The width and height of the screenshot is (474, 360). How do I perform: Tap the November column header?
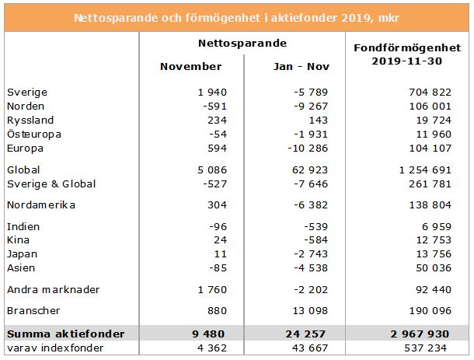tap(190, 66)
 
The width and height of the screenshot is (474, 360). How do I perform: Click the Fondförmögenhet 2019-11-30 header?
tap(408, 54)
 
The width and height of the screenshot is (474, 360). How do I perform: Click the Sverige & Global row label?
tap(51, 183)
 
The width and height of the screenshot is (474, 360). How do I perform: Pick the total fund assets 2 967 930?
tap(423, 333)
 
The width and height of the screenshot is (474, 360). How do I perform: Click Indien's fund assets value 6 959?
tap(435, 226)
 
